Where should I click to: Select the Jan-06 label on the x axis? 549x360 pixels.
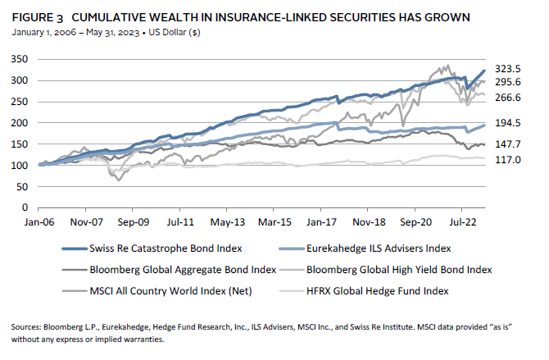click(x=39, y=221)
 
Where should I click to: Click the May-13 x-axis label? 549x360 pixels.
click(x=228, y=221)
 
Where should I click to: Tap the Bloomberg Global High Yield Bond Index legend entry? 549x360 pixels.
click(x=393, y=267)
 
